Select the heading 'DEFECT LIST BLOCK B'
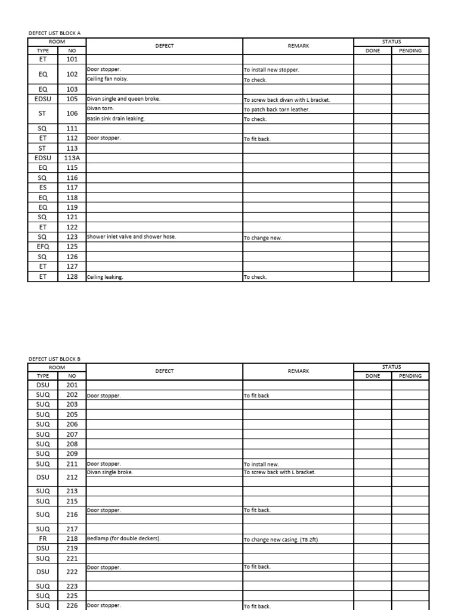54,359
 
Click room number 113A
72,158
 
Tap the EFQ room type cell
43,247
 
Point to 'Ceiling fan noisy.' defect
108,79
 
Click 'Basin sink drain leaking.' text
116,119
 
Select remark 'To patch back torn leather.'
277,110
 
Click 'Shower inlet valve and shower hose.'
132,237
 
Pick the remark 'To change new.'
262,238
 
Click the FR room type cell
43,538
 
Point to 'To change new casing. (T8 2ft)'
283,539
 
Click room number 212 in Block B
72,477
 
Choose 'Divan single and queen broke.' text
123,99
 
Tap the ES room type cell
43,188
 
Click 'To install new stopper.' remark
271,70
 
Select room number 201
72,385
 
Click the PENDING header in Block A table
410,51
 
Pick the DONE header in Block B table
373,376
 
